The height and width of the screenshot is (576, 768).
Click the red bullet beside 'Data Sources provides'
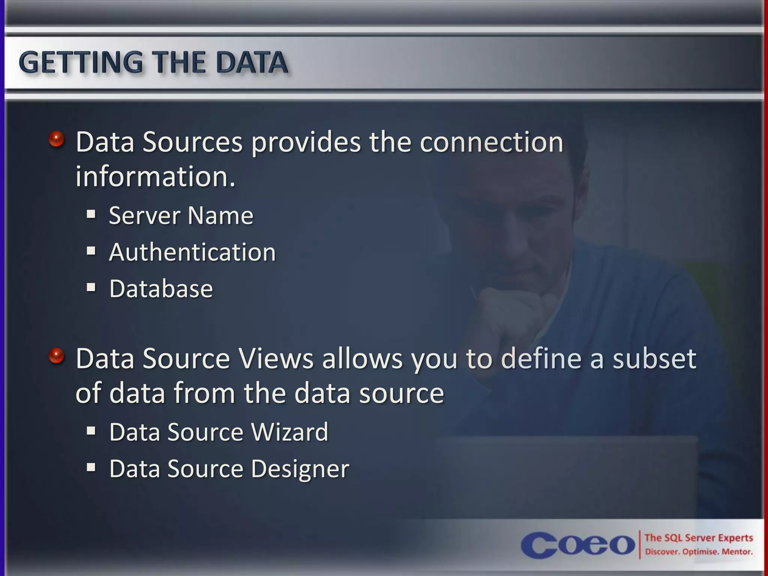(56, 140)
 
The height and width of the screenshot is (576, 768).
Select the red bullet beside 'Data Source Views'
(56, 356)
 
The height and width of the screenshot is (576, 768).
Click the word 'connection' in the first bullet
(491, 142)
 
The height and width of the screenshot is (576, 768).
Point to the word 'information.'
(156, 177)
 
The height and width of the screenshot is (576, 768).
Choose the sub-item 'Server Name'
(181, 216)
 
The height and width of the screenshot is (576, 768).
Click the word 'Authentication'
(192, 252)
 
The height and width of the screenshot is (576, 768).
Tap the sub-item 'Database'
(161, 289)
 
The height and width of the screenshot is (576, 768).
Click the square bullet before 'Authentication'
(91, 250)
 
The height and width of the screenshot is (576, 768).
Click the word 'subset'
(654, 358)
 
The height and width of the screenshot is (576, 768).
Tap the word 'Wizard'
(290, 432)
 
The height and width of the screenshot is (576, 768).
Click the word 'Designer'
(300, 469)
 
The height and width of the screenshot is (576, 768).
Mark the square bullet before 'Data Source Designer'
(91, 467)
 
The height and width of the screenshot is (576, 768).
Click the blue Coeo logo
(577, 544)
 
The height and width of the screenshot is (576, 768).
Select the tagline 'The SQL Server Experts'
(699, 538)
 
